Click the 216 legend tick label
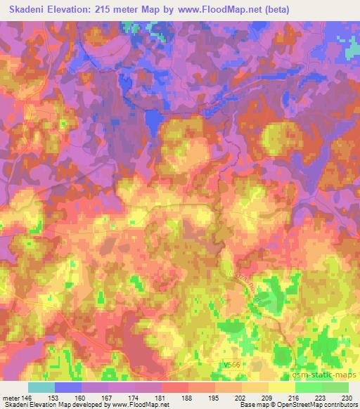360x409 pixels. pos(295,398)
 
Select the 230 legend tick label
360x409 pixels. pos(348,398)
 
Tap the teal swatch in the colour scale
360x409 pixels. pos(41,387)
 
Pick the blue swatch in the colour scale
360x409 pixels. pos(67,387)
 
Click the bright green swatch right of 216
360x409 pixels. pos(308,387)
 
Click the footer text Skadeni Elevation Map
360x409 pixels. pos(37,405)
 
